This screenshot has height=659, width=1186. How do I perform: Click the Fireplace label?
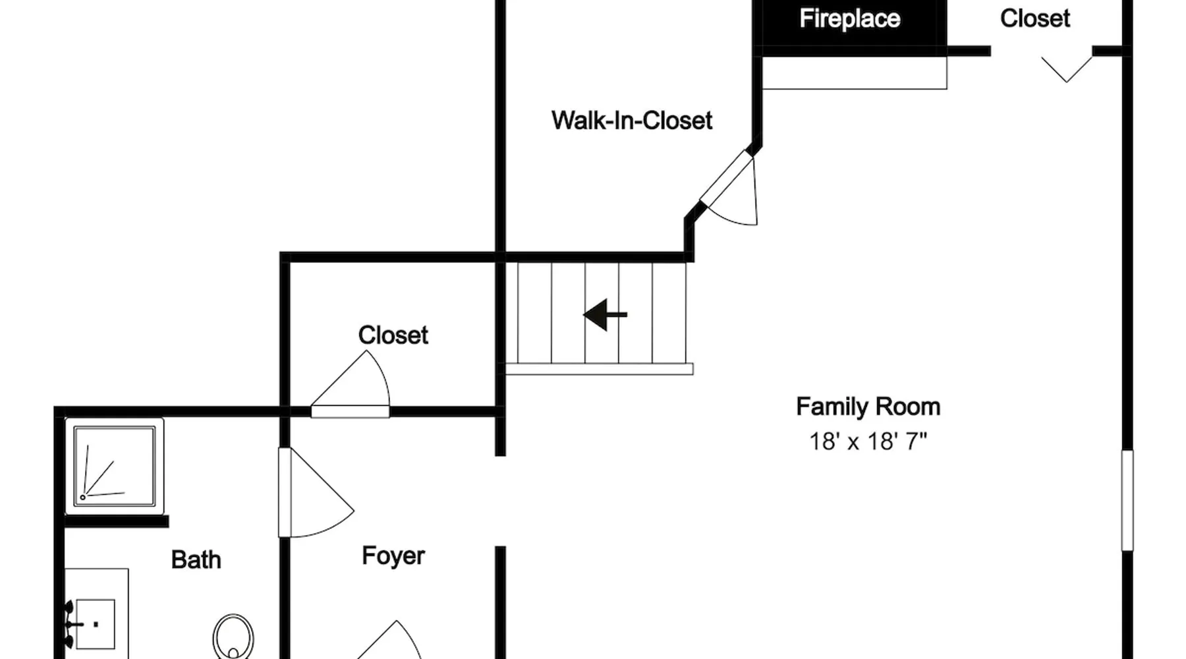[849, 18]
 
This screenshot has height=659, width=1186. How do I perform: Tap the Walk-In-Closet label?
[632, 121]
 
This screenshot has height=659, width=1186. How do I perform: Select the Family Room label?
[868, 407]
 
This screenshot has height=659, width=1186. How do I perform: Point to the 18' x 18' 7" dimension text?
[868, 441]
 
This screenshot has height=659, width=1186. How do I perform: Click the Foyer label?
[393, 556]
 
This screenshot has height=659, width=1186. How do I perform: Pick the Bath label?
[196, 559]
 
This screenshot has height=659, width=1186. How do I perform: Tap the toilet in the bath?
[233, 637]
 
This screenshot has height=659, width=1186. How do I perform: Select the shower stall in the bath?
[115, 466]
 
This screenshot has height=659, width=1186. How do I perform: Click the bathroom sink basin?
[96, 623]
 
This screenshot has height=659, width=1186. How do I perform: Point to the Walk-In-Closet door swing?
[729, 188]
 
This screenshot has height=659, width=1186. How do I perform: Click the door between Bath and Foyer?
[316, 492]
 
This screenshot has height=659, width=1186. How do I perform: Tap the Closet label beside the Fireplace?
[1034, 18]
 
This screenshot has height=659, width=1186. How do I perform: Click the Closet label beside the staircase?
[393, 335]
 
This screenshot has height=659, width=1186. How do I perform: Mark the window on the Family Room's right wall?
[1127, 500]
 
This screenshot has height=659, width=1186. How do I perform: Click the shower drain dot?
[83, 497]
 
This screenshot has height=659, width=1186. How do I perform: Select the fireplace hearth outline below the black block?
[855, 72]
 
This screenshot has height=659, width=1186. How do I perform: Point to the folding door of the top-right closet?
[1067, 69]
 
